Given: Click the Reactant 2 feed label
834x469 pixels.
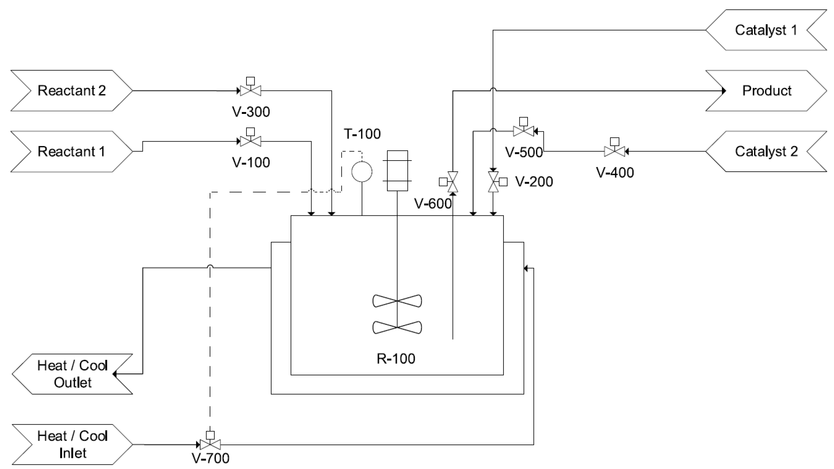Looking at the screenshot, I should click(72, 91).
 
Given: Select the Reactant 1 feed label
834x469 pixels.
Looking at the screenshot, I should click(72, 152).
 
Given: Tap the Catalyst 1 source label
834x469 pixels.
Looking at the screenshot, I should click(766, 30).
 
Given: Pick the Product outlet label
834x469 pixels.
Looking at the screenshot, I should click(766, 91).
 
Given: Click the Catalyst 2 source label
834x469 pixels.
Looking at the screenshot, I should click(766, 152).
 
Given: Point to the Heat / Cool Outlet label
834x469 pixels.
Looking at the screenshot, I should click(73, 374).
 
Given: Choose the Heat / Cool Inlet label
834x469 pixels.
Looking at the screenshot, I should click(73, 444).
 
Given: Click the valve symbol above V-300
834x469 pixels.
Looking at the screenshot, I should click(251, 90).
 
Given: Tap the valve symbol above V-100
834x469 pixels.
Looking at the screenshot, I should click(251, 141).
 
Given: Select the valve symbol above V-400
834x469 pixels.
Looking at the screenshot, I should click(614, 151).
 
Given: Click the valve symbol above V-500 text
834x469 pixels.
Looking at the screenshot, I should click(523, 131).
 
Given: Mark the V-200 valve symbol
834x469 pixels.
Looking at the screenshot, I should click(493, 182).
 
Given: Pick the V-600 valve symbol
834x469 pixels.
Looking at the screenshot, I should click(453, 182).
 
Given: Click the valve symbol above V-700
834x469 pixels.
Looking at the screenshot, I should click(210, 444).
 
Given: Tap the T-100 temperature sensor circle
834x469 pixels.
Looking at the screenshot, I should click(362, 172).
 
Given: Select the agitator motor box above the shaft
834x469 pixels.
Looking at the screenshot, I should click(397, 171).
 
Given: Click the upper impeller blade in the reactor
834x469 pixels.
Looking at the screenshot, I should click(397, 301).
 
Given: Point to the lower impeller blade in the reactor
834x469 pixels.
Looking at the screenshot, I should click(397, 327).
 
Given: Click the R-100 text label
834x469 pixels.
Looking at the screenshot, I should click(396, 359).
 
